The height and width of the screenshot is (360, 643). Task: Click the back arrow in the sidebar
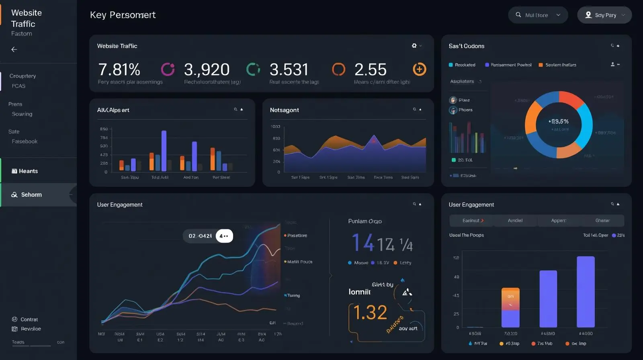point(14,49)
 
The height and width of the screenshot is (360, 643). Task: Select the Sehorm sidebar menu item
point(31,195)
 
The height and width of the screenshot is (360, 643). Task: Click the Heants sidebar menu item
point(28,171)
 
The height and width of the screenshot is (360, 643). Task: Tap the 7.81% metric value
point(119,70)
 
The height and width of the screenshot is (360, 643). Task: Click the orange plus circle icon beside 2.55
point(419,69)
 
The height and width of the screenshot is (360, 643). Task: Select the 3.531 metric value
point(289,70)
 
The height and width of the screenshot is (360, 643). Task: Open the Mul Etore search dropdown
point(538,15)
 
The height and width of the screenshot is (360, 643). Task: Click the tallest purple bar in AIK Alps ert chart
point(164,151)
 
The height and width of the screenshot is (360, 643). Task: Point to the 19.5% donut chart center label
point(559,121)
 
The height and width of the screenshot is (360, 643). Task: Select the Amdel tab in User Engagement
point(515,221)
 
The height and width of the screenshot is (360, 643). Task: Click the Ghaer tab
point(602,221)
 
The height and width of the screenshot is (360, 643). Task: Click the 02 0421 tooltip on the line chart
point(200,236)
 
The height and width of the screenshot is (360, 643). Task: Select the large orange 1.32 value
point(370,313)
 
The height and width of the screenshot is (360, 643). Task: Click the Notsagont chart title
point(284,110)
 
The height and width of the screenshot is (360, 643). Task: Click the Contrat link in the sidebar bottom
point(29,319)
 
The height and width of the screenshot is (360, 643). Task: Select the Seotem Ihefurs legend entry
point(560,65)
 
